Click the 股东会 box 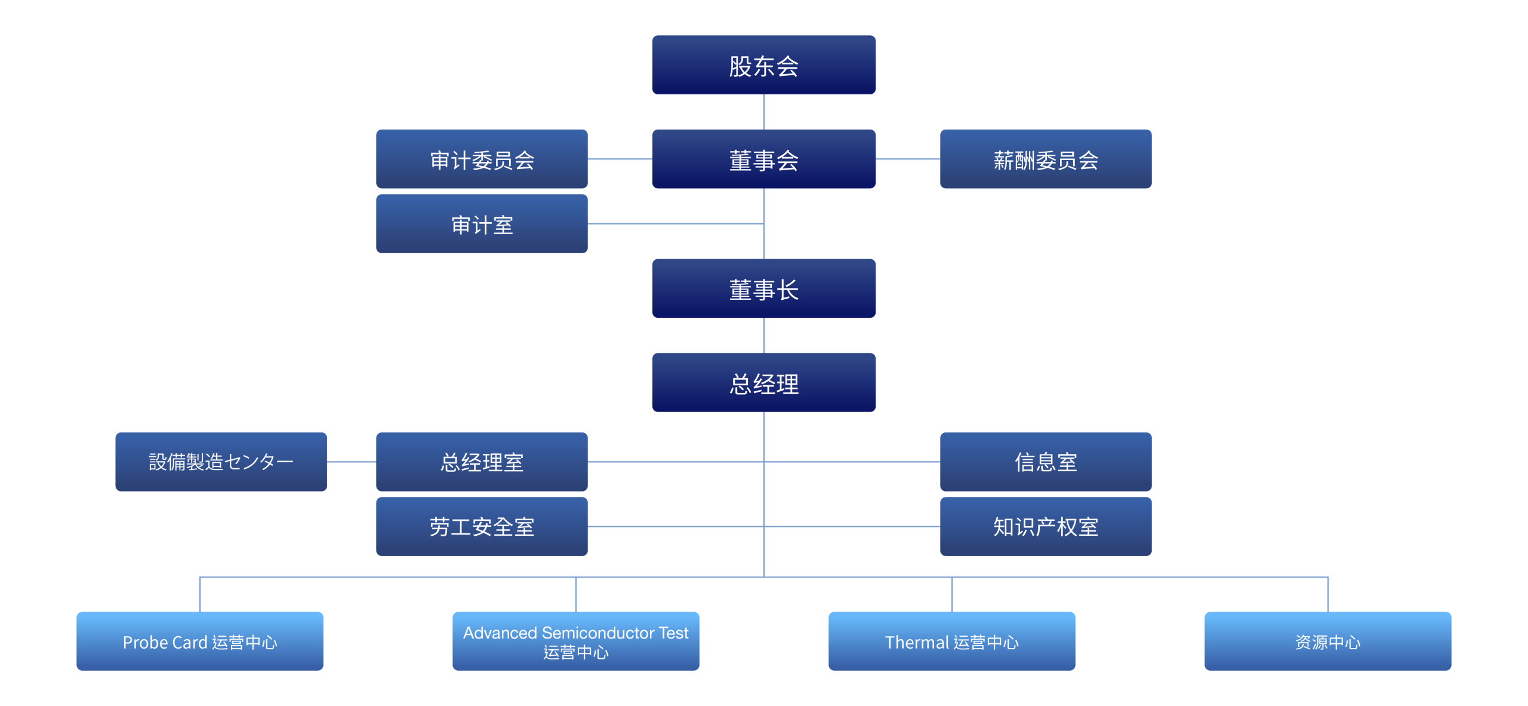point(763,65)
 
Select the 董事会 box point(763,159)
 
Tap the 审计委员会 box point(482,159)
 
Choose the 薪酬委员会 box point(1046,159)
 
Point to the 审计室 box point(482,224)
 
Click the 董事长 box point(763,288)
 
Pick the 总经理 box point(763,383)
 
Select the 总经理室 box point(482,462)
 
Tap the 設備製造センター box point(221,462)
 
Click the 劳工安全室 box point(482,527)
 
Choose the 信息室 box point(1046,462)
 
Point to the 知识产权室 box point(1046,527)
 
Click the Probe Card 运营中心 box point(200,641)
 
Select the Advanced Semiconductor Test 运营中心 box point(576,641)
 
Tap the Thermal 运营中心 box point(952,641)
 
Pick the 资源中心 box point(1328,641)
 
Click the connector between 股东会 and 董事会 point(764,112)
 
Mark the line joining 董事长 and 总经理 point(764,335)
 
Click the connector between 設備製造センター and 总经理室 point(352,462)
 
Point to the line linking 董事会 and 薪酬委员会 point(908,159)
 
